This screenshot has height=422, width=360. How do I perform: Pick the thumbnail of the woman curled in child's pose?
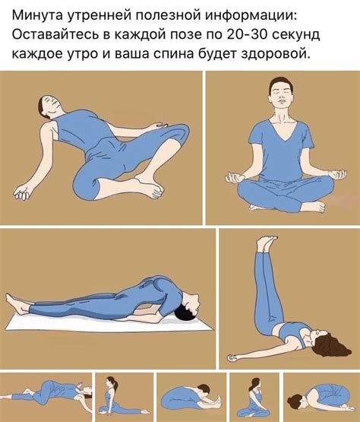tap(319, 396)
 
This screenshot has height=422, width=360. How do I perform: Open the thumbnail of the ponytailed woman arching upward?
tap(115, 395)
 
